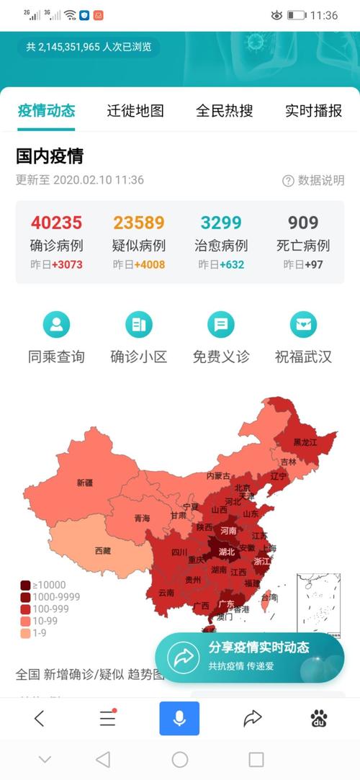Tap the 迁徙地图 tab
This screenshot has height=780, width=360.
point(135,111)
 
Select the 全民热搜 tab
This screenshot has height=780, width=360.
point(225,111)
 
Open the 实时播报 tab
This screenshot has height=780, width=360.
point(313,111)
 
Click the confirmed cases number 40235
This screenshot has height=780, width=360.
point(56,223)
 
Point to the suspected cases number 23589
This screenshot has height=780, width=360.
point(139,223)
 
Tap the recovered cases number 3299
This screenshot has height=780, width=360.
point(221,223)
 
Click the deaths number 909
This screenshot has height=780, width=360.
point(303,223)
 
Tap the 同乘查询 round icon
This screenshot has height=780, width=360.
point(56,325)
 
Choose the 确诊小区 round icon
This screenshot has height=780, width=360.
point(139,325)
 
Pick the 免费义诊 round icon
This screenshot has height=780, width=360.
point(221,325)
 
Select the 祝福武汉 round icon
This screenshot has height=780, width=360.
point(303,325)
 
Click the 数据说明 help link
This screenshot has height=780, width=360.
point(314,181)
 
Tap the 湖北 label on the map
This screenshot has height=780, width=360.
point(227,552)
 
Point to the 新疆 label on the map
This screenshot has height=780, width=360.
point(85,483)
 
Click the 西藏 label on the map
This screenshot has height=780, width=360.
point(103,551)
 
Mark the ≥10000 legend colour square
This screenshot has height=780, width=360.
point(25,586)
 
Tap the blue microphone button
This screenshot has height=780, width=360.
point(179,718)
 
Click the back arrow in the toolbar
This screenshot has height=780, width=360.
point(40,718)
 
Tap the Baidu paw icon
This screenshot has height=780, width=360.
point(319,718)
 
